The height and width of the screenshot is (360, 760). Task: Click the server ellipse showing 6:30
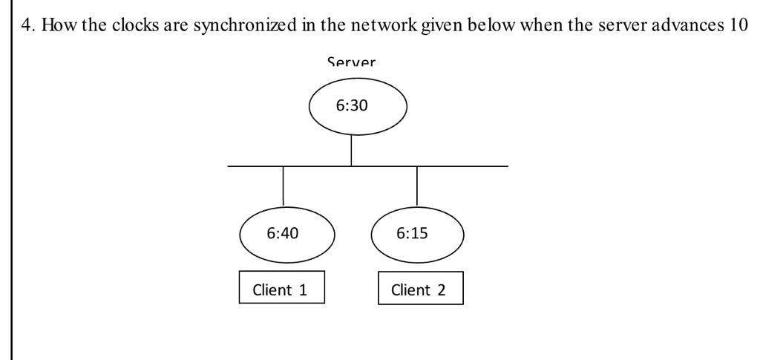358,107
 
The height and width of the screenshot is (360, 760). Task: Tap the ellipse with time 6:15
416,232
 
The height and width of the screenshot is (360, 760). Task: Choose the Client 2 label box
420,289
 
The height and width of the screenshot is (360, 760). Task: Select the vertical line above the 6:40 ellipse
284,186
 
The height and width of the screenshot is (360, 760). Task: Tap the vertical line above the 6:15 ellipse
417,186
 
